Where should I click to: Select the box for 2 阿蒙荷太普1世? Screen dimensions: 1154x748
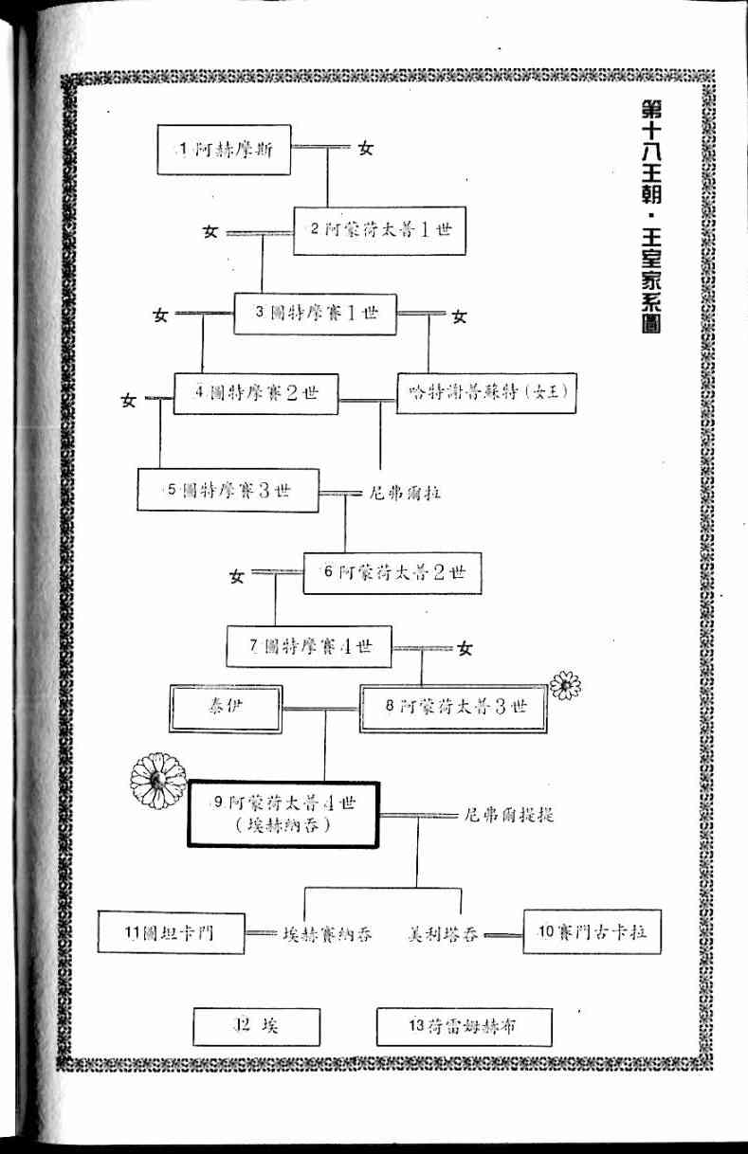379,230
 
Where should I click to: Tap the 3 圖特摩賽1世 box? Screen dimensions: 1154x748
315,313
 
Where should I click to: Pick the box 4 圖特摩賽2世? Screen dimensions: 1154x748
256,393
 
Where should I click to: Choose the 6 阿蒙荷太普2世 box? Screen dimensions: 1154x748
385,571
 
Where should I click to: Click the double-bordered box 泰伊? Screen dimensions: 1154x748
226,708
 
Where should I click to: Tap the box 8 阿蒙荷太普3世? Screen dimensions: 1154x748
453,708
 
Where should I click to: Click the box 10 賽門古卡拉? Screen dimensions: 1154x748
592,931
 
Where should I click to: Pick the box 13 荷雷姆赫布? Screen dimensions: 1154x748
464,1026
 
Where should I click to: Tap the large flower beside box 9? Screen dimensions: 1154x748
158,781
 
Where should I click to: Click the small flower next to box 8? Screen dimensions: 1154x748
565,684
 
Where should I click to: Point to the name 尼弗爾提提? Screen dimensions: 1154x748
510,815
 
